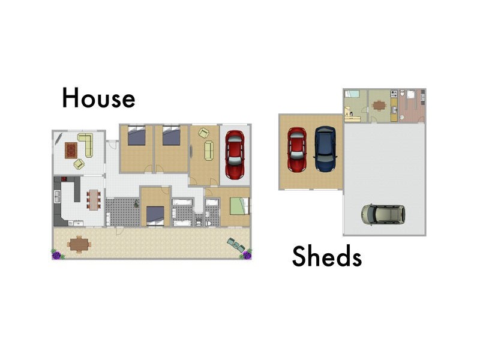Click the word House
[98, 98]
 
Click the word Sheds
[327, 257]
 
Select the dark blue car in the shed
[325, 149]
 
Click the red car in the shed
[297, 149]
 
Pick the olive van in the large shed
[383, 214]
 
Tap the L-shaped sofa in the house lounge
[85, 145]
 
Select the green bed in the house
[239, 206]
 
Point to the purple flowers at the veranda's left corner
[57, 254]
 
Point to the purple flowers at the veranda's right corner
[246, 254]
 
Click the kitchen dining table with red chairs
[93, 199]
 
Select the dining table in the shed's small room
[379, 105]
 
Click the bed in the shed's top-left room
[352, 94]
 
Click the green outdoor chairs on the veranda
[236, 244]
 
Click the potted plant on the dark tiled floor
[137, 205]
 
